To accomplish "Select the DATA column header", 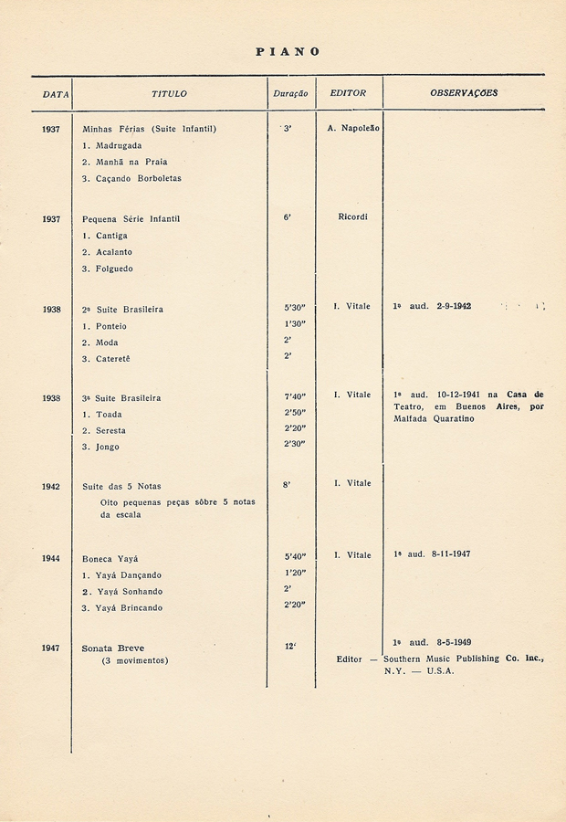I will [56, 93].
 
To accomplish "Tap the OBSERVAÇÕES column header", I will [464, 93].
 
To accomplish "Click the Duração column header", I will [290, 93].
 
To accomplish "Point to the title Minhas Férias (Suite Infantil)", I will [149, 129].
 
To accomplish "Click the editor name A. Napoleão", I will [353, 129].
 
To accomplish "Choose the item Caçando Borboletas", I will [138, 178].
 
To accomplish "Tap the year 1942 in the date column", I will [51, 486].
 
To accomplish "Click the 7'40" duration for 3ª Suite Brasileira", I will [294, 397].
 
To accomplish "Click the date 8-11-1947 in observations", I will [451, 554].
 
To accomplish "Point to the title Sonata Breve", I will [113, 648].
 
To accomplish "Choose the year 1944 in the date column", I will [51, 557].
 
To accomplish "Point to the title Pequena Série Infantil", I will [131, 219].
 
